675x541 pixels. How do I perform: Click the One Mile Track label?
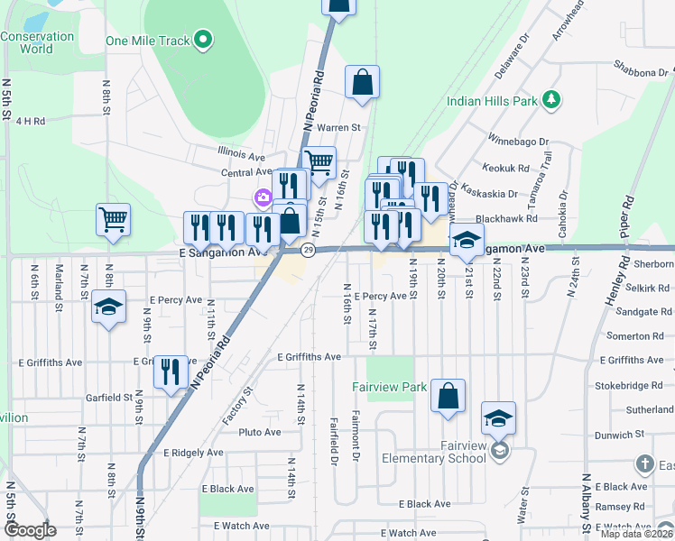tap(148, 40)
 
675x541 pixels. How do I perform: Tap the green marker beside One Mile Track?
tap(204, 39)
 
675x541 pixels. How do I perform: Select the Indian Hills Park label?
tap(492, 101)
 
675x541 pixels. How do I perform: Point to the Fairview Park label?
tap(389, 387)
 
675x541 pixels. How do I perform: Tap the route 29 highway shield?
tap(308, 250)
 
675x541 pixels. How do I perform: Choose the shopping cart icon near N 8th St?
tap(113, 219)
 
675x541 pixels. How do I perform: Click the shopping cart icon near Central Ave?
tap(319, 162)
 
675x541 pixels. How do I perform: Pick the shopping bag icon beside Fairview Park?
tap(448, 395)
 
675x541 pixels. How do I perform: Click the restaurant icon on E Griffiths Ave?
tap(171, 371)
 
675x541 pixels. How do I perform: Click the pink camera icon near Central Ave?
tap(263, 197)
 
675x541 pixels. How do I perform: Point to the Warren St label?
tap(338, 128)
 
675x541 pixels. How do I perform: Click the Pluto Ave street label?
tap(260, 432)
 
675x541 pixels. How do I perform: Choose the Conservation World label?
tap(37, 42)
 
